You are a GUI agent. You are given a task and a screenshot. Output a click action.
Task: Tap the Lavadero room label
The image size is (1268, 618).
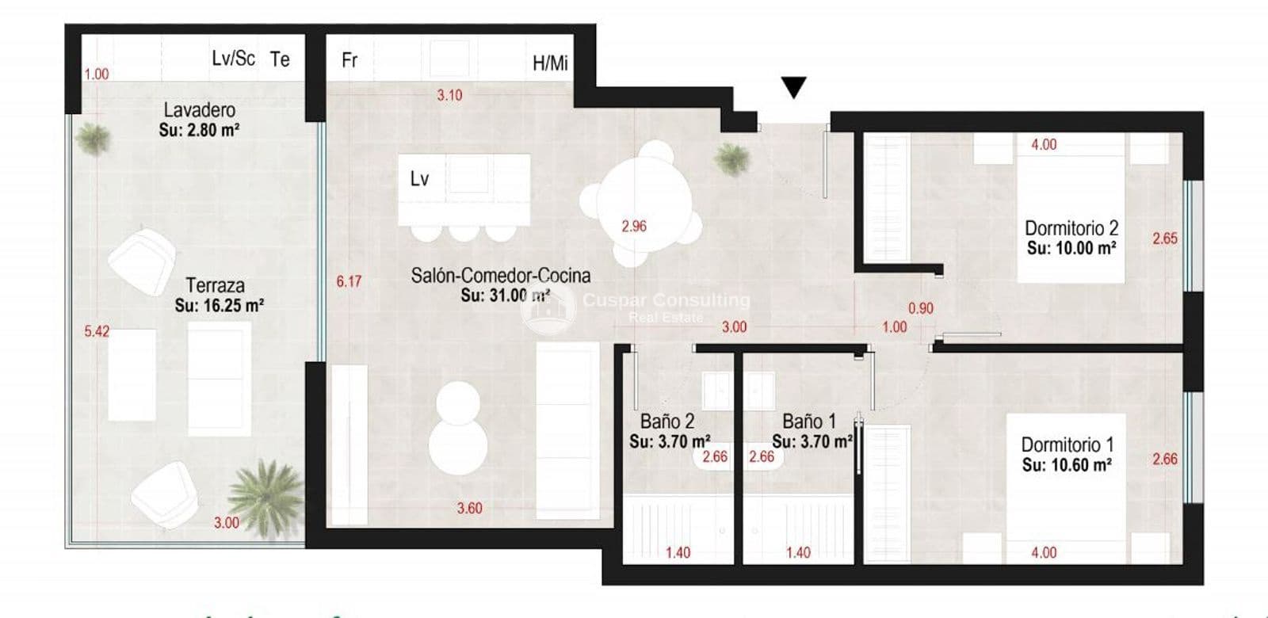coord(199,109)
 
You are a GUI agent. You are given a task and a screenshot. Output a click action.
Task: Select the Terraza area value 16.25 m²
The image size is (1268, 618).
coord(219,305)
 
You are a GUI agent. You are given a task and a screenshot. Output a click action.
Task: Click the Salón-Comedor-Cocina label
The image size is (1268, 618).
coord(500,275)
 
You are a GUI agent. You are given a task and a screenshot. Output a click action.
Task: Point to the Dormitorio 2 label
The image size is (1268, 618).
coord(1071,228)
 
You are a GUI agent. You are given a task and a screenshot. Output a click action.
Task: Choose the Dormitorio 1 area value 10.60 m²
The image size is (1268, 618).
coord(1066,465)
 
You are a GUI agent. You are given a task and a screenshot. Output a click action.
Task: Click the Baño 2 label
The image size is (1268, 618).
coord(666,422)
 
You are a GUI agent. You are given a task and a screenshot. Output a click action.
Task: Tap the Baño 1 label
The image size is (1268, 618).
coord(808,422)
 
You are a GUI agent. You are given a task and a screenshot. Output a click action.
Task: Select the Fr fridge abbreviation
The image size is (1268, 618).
coord(349,60)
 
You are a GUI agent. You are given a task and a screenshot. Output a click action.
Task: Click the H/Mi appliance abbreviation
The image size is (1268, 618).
coord(550,63)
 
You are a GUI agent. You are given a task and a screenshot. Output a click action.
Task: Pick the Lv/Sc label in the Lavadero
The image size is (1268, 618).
coord(233,58)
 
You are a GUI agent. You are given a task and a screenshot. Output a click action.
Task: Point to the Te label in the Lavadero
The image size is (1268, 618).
coord(280,59)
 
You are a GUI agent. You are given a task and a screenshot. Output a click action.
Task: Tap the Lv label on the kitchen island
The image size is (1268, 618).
coord(419,179)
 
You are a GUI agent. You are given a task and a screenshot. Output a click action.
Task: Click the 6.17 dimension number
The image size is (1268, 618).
coord(348,281)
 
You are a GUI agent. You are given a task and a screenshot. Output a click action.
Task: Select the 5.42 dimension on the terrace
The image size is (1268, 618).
coord(97,331)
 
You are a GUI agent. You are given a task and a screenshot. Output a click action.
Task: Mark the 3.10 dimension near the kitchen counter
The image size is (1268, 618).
coord(449,95)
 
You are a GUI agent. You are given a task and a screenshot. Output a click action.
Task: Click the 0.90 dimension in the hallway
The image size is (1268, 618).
coord(920,308)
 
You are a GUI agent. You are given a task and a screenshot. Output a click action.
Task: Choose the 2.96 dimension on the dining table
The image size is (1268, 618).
coord(633,226)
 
